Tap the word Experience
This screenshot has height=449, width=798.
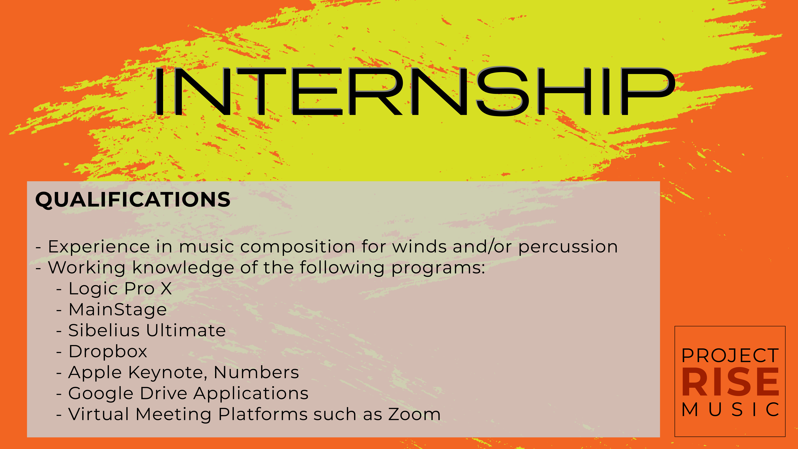click(x=99, y=247)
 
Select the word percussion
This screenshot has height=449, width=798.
click(x=568, y=247)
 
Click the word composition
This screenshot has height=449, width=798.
click(x=297, y=247)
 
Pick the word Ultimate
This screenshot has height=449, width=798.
click(x=186, y=330)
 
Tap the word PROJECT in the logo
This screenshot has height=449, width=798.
click(x=730, y=356)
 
